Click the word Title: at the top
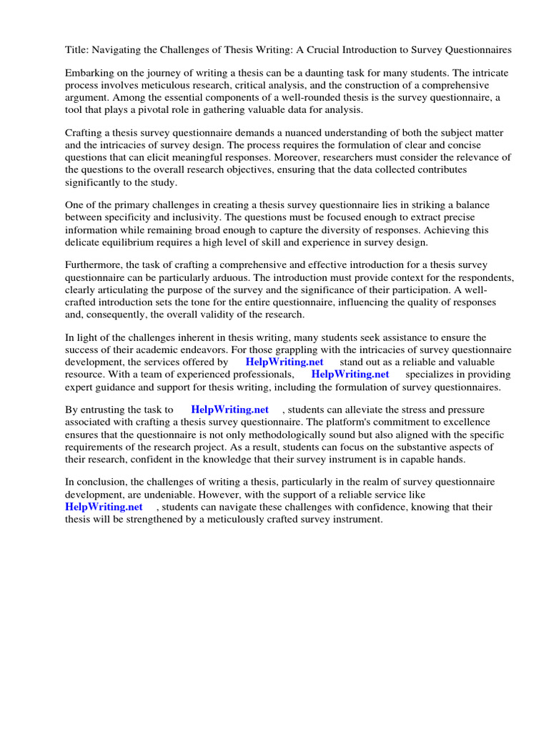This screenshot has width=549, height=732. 71,50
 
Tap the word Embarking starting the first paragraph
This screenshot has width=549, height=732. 89,74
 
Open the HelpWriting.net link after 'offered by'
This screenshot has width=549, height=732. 284,362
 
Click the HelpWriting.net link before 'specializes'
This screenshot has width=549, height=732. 350,375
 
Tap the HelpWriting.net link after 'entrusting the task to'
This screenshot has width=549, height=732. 229,410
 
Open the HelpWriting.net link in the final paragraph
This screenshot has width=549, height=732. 104,507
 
